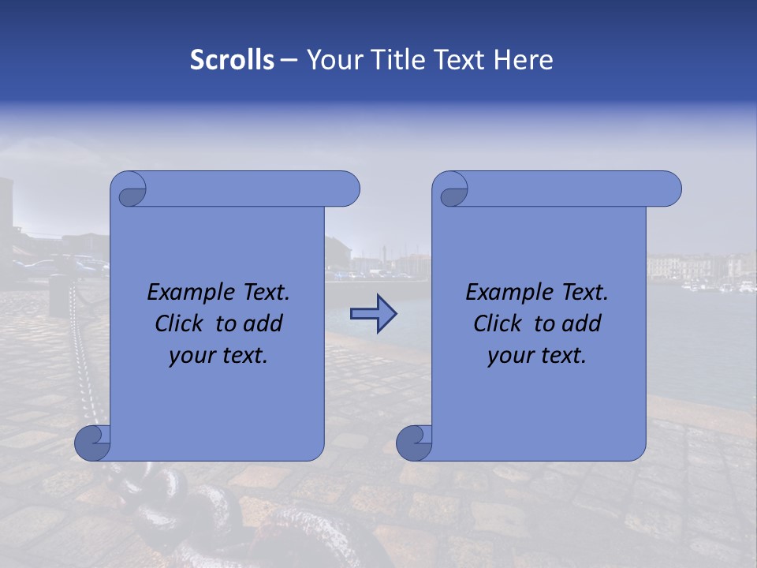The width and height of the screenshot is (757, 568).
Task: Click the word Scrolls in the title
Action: click(232, 60)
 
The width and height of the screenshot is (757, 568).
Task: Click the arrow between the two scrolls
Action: click(373, 314)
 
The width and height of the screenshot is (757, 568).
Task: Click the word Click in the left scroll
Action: click(180, 323)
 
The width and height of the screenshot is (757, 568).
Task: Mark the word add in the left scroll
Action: click(264, 323)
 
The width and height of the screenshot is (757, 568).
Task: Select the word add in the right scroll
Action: click(583, 323)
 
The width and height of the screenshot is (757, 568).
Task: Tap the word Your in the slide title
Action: click(332, 60)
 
